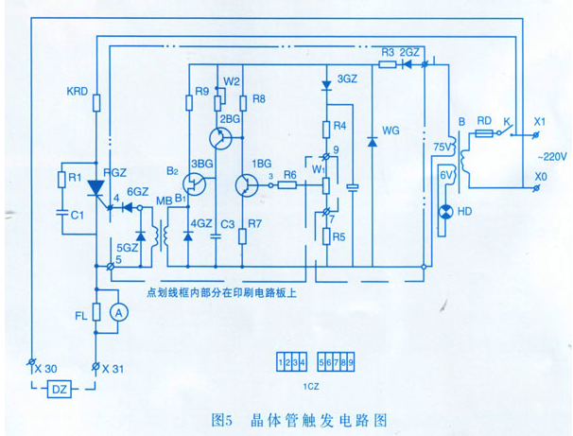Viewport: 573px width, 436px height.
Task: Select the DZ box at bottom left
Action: (x=59, y=391)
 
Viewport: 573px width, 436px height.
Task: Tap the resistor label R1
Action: (x=72, y=178)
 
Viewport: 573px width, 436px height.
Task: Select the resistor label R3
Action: (x=387, y=50)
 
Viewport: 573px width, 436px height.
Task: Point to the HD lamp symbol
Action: (x=443, y=212)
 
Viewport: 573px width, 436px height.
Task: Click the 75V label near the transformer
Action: (x=441, y=148)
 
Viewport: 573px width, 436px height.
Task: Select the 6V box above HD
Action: (x=444, y=177)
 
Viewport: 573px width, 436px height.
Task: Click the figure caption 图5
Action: (x=225, y=415)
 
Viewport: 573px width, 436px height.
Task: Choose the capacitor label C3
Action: (x=227, y=224)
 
